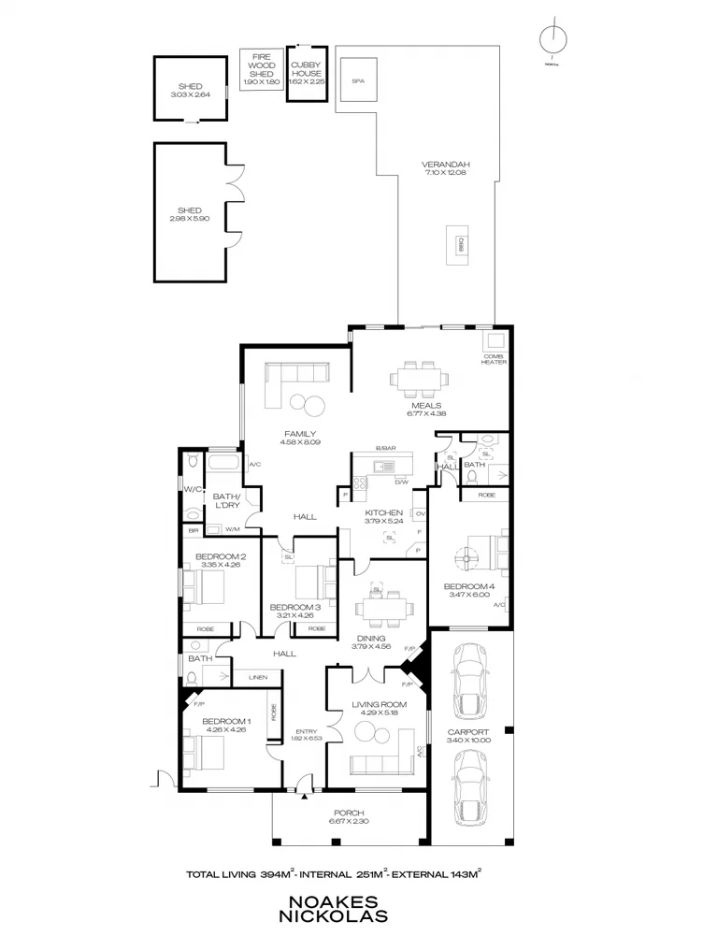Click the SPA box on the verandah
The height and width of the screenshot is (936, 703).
click(x=357, y=80)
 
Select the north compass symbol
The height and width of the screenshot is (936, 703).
click(x=553, y=38)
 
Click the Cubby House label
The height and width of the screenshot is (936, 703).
click(x=305, y=70)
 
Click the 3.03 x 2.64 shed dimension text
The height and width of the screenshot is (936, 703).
click(x=190, y=94)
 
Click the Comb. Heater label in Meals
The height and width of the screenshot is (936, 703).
click(x=494, y=359)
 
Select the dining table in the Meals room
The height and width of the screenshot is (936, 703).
click(x=419, y=379)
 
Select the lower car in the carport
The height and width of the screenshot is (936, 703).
click(x=470, y=787)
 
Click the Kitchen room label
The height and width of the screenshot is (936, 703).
click(x=384, y=512)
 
